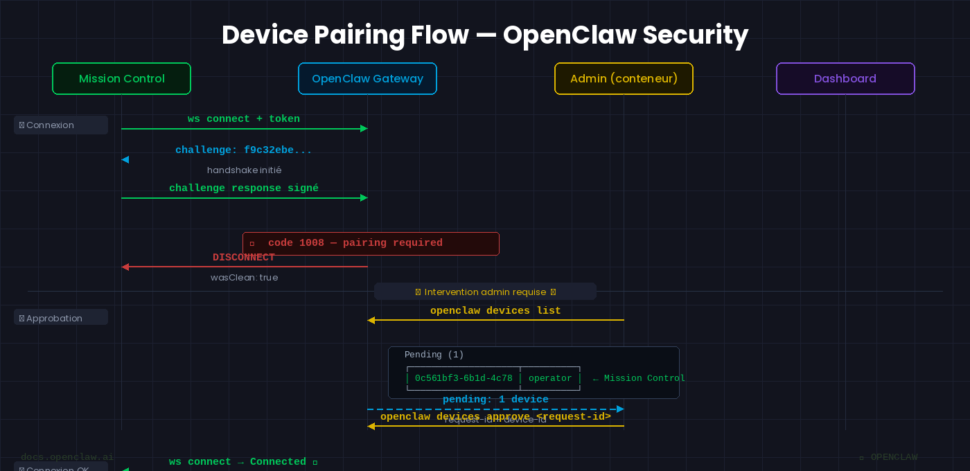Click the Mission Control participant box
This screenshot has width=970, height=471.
click(121, 79)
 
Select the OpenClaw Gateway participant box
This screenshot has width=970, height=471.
click(367, 79)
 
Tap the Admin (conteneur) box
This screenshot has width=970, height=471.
click(624, 79)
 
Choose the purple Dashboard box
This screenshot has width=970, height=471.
click(845, 79)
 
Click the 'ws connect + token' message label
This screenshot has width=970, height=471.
click(244, 119)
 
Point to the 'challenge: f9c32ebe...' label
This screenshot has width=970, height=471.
click(244, 150)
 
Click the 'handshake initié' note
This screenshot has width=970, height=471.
click(244, 170)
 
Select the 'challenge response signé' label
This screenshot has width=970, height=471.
click(244, 188)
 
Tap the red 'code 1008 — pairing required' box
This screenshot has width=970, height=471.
click(371, 243)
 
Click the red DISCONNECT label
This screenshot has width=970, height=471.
click(244, 258)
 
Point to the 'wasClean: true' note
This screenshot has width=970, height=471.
click(244, 277)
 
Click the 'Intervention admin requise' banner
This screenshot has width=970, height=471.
click(485, 292)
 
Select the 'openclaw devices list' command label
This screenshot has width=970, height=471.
click(495, 311)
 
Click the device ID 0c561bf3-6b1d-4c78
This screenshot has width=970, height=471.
click(464, 378)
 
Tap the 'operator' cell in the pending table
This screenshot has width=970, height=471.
click(550, 378)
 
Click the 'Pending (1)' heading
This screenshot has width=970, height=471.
click(434, 355)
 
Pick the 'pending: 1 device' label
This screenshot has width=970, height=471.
click(495, 400)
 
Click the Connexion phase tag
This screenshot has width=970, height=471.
click(61, 125)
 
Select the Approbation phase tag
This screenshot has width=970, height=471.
click(61, 318)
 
